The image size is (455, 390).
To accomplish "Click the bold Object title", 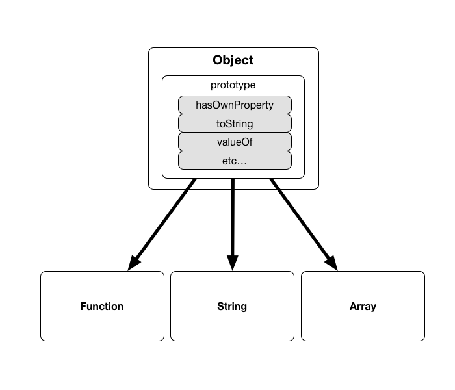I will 233,60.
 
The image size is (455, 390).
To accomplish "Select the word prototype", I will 233,85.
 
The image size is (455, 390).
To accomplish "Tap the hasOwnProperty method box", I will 235,105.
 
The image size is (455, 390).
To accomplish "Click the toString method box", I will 235,123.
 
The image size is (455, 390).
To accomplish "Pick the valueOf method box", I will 235,142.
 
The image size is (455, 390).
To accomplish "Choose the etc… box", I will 235,161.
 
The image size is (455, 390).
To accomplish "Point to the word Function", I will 102,306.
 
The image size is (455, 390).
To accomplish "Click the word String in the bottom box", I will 232,306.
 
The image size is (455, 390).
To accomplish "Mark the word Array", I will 363,306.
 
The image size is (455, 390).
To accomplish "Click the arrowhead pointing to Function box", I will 135,263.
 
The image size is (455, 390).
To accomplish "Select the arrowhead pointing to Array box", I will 331,263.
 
